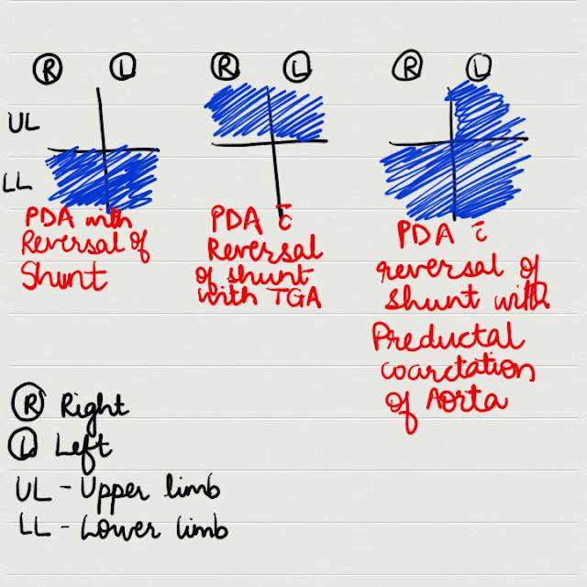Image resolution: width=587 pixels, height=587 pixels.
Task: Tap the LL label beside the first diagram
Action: [20, 184]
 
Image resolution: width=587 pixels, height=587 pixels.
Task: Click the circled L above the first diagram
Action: [125, 66]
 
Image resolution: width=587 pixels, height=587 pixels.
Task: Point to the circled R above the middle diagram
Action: [225, 66]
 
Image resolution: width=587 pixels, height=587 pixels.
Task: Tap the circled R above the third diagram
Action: [406, 67]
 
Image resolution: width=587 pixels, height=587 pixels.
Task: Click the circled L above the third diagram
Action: [478, 66]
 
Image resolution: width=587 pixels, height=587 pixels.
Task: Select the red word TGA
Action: [294, 295]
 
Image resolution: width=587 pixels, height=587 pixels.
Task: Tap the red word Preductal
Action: [449, 338]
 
